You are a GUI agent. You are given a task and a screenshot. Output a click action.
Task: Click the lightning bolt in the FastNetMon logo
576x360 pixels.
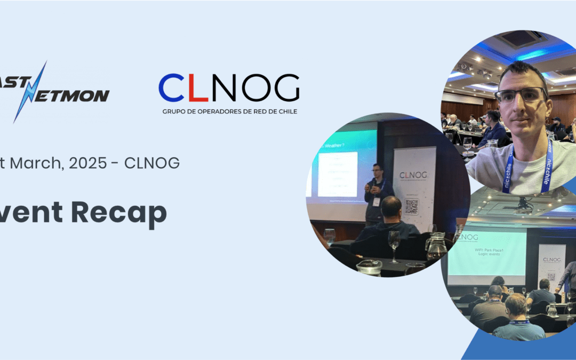30,92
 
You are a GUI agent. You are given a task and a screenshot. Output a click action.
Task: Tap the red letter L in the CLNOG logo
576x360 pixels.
197,88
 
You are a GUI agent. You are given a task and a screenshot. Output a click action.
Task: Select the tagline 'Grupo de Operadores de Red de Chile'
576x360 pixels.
229,111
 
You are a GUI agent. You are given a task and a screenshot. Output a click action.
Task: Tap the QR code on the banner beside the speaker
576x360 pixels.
411,206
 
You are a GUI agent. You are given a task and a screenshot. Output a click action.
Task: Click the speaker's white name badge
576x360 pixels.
376,202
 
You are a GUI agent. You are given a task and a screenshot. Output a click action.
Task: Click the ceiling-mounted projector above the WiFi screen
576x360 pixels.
524,203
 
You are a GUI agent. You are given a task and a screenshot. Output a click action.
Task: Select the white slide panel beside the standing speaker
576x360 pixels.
337,174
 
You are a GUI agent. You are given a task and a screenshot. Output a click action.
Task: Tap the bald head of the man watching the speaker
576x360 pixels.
391,206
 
